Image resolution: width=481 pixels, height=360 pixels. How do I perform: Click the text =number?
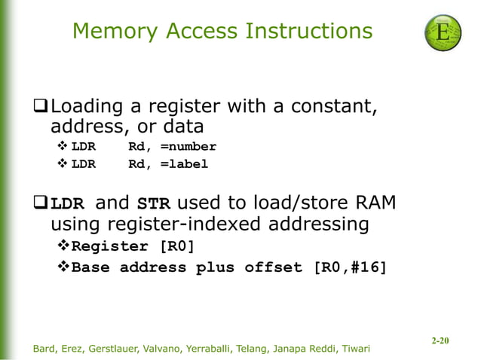click(x=188, y=146)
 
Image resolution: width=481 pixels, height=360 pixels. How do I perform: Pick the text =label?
click(x=183, y=164)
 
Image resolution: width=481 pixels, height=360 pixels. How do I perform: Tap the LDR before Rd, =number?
click(x=83, y=146)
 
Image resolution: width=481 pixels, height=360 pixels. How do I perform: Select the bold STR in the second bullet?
click(x=153, y=203)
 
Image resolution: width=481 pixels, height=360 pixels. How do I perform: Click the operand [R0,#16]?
click(x=349, y=267)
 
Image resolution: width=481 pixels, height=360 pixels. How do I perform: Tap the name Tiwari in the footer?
click(x=353, y=349)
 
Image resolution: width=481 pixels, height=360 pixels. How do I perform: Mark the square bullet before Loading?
click(x=41, y=107)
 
